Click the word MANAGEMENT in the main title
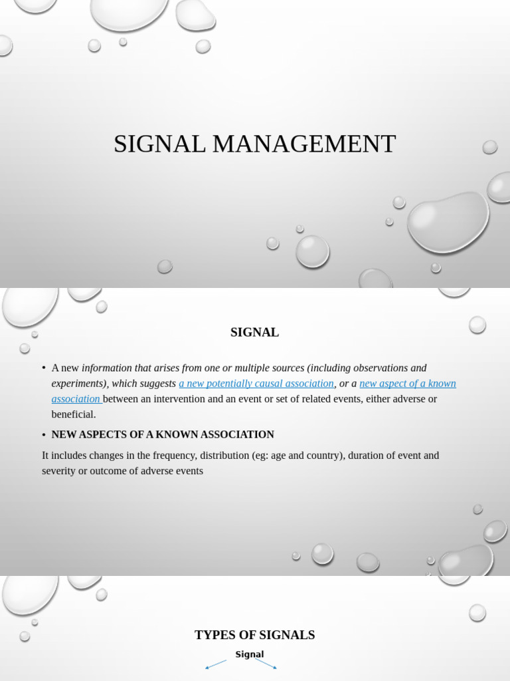click(x=304, y=144)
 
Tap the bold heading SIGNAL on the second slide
click(x=254, y=333)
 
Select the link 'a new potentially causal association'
click(x=256, y=384)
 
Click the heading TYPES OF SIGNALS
click(x=254, y=635)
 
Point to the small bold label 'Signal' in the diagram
click(x=250, y=654)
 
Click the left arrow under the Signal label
click(x=215, y=664)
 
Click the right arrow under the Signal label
click(x=266, y=664)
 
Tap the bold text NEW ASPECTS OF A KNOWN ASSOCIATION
click(x=163, y=435)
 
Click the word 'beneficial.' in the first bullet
click(x=74, y=414)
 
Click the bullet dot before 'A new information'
click(x=44, y=368)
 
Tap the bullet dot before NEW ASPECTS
click(x=44, y=435)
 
